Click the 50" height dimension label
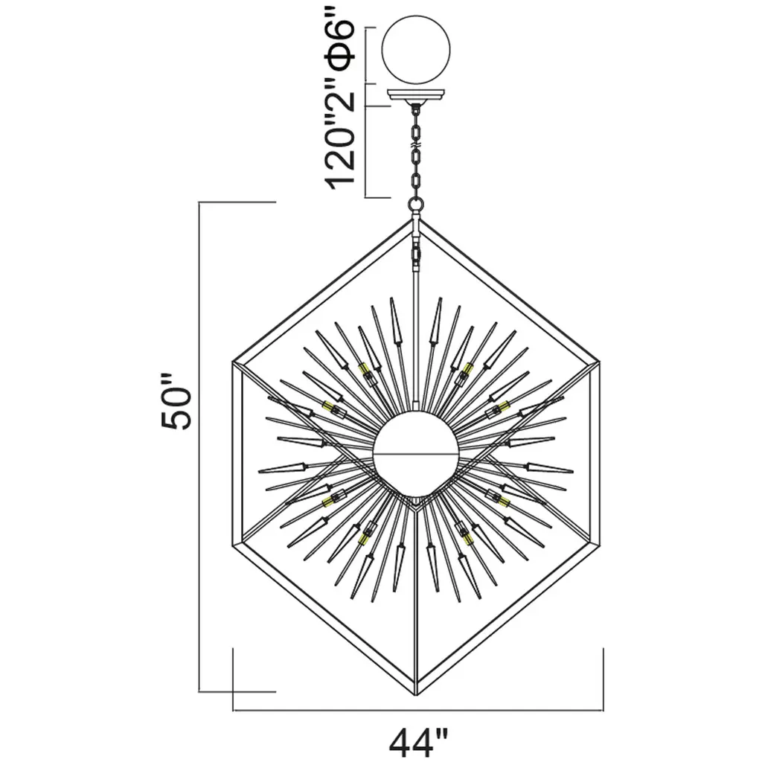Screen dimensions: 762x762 pyautogui.click(x=176, y=402)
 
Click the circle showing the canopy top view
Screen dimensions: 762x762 pyautogui.click(x=416, y=50)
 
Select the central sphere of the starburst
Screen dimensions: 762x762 pyautogui.click(x=416, y=452)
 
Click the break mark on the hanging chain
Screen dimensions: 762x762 pyautogui.click(x=416, y=145)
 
